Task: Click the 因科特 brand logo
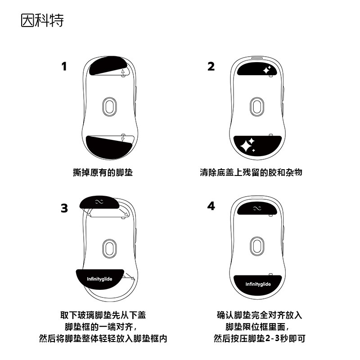tap(42, 20)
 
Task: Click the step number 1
tap(64, 66)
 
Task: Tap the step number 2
tap(211, 66)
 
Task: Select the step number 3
tap(64, 208)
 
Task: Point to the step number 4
tap(211, 206)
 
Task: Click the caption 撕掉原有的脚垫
tap(103, 172)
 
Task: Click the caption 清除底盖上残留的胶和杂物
tap(251, 172)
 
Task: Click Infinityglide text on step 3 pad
tap(99, 279)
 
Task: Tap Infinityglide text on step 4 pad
tap(258, 284)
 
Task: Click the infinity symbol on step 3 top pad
tap(99, 202)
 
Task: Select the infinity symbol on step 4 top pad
tap(257, 208)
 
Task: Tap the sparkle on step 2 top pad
tap(267, 70)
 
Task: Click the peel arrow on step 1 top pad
tap(123, 72)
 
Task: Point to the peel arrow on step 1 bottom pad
tap(123, 138)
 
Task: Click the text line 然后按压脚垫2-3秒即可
tap(260, 338)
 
